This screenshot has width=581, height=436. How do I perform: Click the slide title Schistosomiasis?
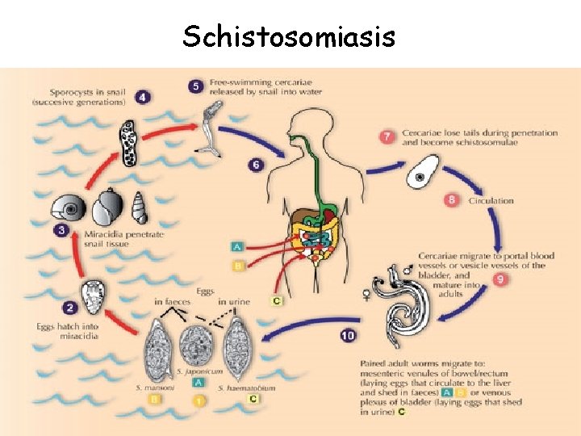289,36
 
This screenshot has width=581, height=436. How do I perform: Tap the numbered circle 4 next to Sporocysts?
143,98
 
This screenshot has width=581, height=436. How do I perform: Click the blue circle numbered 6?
256,166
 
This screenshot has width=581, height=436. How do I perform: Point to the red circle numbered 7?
387,136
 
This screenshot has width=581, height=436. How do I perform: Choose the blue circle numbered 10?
348,334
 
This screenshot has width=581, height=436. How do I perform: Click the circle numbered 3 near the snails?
61,231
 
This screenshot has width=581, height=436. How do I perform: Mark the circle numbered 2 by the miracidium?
69,308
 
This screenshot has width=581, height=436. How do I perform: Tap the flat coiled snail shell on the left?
69,209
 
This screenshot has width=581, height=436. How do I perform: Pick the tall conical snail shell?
140,209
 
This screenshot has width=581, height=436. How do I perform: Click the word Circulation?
491,201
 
